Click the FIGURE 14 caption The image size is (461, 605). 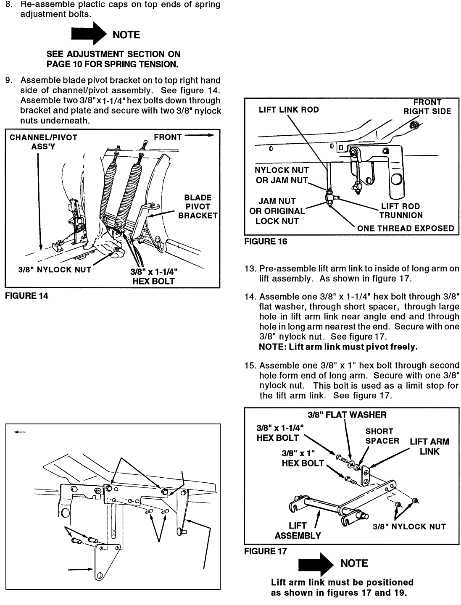pos(26,296)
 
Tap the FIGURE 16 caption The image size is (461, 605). pos(266,242)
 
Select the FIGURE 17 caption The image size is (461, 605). pos(266,551)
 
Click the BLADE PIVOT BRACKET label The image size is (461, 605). pos(198,207)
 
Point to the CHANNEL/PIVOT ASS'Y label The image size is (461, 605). pos(43,142)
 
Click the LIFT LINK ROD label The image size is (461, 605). pos(289,110)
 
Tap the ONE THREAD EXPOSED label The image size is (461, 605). pos(406,229)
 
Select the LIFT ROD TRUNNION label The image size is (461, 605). pos(401,211)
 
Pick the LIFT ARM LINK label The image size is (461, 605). pos(429,447)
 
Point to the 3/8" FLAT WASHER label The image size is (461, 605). pos(347,415)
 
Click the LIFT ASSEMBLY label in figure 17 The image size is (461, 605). pos(298,531)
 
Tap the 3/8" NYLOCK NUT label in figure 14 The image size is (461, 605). pos(55,270)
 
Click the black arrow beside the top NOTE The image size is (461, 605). pos(89,34)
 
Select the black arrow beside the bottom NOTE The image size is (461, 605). pos(315,564)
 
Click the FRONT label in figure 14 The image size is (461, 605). pos(168,137)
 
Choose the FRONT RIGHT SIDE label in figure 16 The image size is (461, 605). pos(427,107)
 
